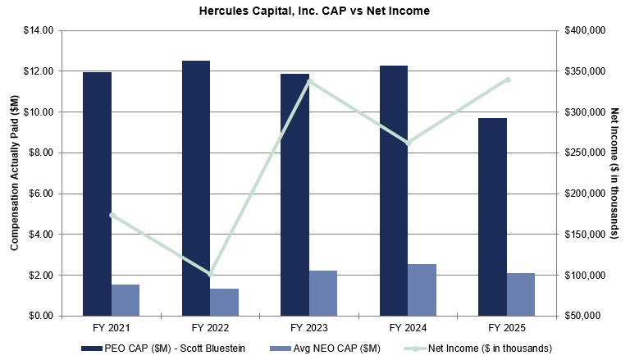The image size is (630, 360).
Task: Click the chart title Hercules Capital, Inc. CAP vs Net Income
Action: (x=314, y=11)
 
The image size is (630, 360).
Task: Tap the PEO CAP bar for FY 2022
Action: (x=195, y=188)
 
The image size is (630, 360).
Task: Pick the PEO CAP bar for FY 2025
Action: (x=492, y=216)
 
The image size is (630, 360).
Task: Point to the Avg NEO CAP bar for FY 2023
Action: (x=322, y=293)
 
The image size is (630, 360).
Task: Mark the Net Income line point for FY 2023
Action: (x=308, y=80)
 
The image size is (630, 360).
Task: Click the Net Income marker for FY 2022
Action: (x=210, y=273)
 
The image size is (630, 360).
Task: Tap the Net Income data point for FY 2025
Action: (x=507, y=80)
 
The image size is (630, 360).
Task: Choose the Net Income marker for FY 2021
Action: (x=112, y=215)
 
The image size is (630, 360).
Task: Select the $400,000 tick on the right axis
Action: (x=585, y=30)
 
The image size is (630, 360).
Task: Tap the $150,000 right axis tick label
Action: (x=585, y=235)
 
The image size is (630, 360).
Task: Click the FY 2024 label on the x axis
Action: (x=408, y=327)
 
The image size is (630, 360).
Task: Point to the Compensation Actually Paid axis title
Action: (x=14, y=173)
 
